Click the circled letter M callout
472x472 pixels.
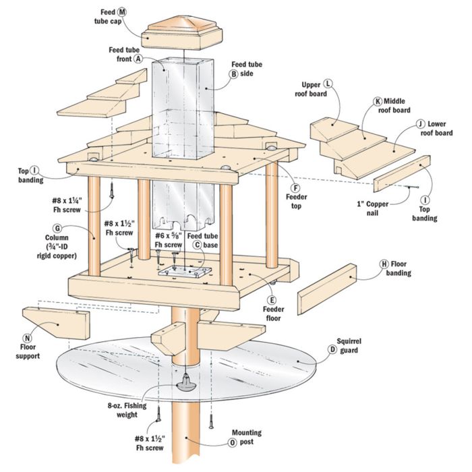click(x=122, y=12)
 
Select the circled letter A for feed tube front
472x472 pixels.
click(x=138, y=59)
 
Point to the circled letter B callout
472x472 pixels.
click(x=234, y=76)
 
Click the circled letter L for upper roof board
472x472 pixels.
click(x=328, y=83)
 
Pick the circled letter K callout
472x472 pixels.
click(x=378, y=101)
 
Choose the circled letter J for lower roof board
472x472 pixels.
click(x=419, y=124)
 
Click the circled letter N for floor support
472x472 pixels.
click(x=27, y=338)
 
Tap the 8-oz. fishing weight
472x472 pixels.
click(x=183, y=383)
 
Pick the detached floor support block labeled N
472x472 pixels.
click(x=58, y=323)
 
